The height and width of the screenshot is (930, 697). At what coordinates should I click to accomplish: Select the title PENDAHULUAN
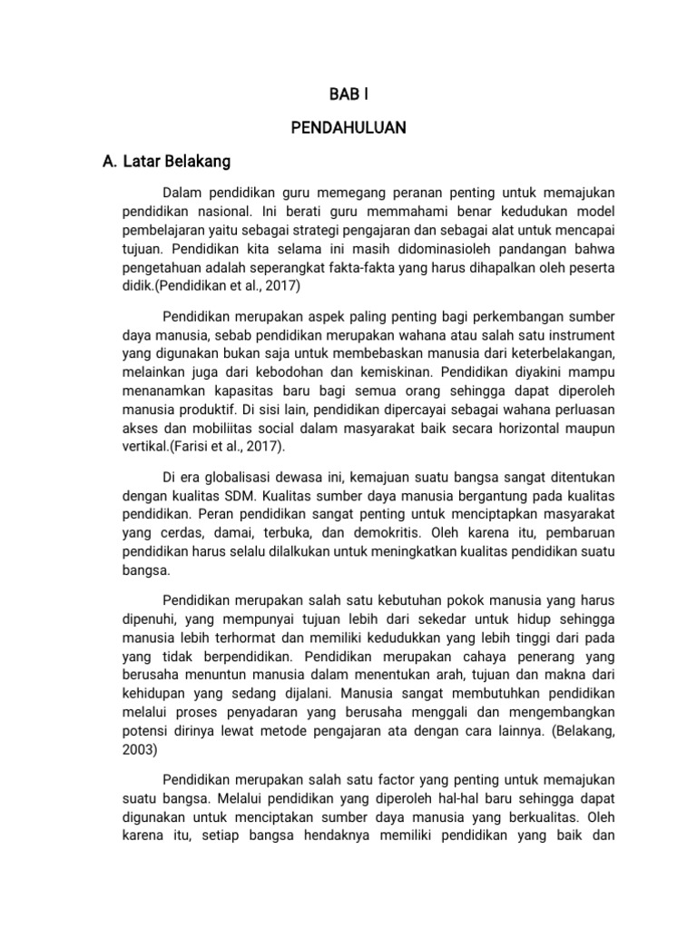pos(348,128)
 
